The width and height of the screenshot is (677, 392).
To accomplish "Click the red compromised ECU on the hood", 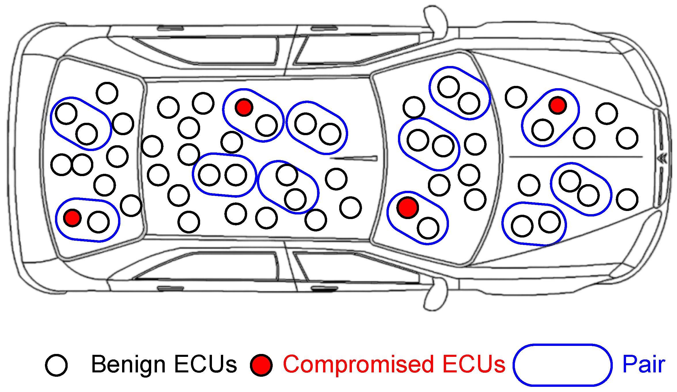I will pos(557,105).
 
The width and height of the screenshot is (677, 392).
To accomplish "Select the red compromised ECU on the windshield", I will pos(407,207).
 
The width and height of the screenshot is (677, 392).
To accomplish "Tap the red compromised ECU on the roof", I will pos(244,107).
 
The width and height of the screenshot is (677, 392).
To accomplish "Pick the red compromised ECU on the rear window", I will pos(72,218).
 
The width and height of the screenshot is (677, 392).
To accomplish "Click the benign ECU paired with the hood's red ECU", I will pos(543,130).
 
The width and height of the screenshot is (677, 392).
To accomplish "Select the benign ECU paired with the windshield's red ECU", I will pos(428,228).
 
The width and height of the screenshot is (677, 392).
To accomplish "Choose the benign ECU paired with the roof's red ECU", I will pos(266,125).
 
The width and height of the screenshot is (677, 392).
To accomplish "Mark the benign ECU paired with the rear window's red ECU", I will pos(98,222).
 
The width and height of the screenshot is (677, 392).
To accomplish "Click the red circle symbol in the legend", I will pos(261,365).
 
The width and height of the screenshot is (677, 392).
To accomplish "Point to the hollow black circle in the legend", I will pos(56,365).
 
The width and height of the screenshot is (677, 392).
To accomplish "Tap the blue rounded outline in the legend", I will pos(562,365).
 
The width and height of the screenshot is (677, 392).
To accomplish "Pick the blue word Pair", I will pos(644,364).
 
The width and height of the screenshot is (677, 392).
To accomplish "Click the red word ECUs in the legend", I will pos(474,364).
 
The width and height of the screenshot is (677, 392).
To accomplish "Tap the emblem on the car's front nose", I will pos(663,158).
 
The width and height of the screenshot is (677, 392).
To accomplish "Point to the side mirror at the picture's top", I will pos(435,20).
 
